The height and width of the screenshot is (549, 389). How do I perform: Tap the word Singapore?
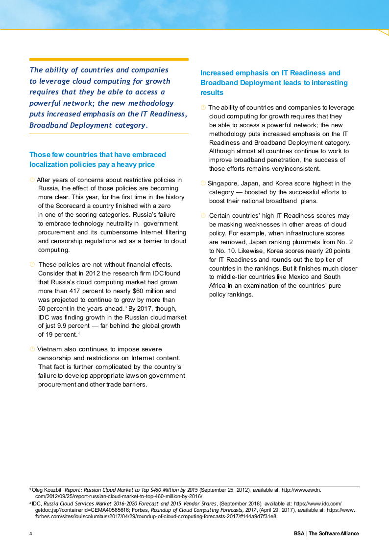tap(224, 183)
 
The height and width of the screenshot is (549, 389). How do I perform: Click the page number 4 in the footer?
tap(31, 533)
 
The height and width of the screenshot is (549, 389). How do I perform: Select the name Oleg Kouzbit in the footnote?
tap(47, 489)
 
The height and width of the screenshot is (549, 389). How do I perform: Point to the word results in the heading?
tap(212, 92)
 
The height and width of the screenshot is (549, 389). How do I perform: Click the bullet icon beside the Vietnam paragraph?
tap(32, 349)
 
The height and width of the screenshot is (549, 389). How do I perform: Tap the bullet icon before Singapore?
tap(203, 183)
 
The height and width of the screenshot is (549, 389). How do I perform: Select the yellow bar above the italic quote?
tap(109, 59)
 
